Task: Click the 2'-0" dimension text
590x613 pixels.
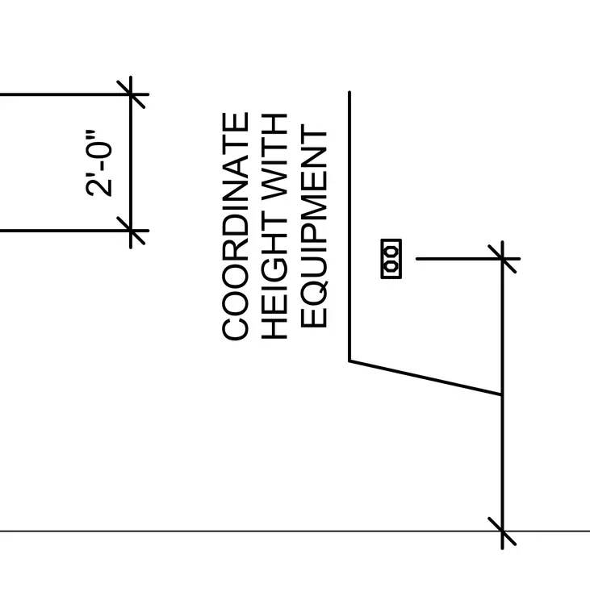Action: click(x=98, y=163)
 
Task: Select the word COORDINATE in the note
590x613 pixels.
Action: click(x=235, y=226)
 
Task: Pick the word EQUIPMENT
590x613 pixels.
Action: click(x=314, y=226)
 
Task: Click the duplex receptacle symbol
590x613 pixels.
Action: click(x=391, y=259)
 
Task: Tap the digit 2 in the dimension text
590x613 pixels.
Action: click(x=99, y=187)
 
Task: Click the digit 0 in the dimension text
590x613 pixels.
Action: click(x=99, y=153)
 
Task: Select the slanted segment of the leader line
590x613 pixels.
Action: click(x=425, y=378)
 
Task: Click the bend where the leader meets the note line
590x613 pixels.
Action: click(x=349, y=361)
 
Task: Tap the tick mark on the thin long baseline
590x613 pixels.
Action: click(x=502, y=531)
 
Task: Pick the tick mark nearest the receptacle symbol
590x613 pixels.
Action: click(x=502, y=258)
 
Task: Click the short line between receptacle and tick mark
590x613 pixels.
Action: click(x=458, y=258)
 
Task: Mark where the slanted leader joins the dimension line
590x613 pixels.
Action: click(x=502, y=394)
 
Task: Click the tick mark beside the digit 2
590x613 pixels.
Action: click(x=131, y=231)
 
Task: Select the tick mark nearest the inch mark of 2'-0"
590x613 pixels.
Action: click(x=131, y=94)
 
